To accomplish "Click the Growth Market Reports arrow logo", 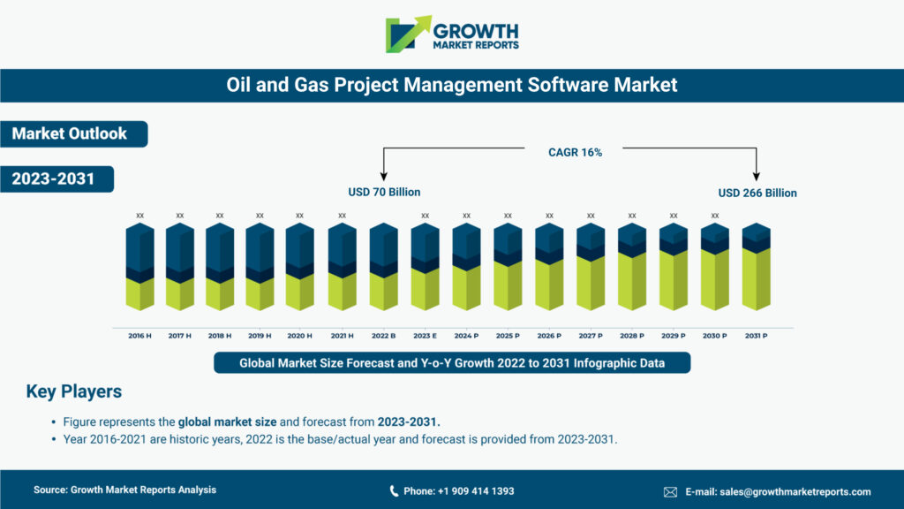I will point(408,34).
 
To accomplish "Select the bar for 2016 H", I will point(139,267).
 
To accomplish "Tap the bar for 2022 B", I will point(383,267).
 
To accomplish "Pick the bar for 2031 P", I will point(756,267).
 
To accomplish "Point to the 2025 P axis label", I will point(508,336).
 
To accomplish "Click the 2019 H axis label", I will point(260,336).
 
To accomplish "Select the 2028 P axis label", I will point(632,336).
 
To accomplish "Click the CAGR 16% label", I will point(575,152).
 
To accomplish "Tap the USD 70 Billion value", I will point(384,192).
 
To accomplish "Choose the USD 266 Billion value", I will point(757,193).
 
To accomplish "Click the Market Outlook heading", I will point(70,133).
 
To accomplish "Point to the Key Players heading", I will point(74,391).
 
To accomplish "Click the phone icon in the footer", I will point(394,491).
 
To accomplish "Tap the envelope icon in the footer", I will point(670,491).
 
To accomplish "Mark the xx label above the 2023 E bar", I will point(425,215).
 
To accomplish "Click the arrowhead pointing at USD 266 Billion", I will point(757,176).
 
